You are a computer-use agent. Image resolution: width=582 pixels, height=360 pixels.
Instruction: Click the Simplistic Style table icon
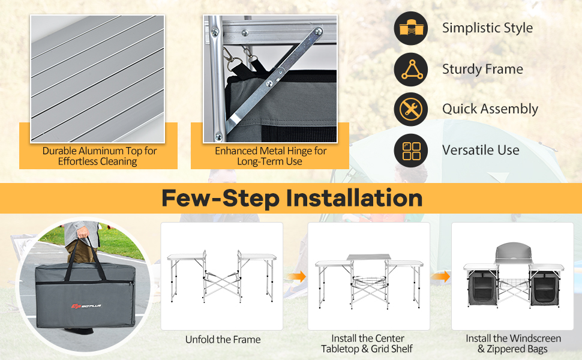pos(411,28)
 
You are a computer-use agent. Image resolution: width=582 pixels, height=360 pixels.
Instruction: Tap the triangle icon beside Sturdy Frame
pos(411,70)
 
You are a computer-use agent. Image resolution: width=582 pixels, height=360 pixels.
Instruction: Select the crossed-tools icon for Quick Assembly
pos(411,109)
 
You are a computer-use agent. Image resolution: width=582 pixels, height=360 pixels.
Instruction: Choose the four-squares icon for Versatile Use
pos(411,151)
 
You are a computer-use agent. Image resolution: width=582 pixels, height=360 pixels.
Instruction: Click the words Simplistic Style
pos(487,28)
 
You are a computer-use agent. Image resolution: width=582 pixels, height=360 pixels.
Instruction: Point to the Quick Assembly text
pos(490,109)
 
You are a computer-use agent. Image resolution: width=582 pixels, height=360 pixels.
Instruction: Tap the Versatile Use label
pos(481,150)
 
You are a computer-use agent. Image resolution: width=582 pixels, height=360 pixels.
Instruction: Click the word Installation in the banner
pos(354,198)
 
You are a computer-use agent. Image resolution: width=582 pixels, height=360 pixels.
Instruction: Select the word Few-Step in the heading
pos(220,199)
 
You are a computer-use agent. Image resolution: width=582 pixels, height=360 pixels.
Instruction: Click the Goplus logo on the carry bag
pos(86,306)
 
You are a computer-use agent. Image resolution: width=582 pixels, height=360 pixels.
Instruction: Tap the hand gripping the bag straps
pos(83,233)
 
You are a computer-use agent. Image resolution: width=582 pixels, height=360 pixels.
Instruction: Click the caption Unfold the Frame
pos(223,340)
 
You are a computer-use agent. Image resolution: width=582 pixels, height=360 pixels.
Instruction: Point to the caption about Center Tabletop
pos(367,344)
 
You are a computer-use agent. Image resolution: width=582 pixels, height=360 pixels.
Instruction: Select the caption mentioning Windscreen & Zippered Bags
pos(513,344)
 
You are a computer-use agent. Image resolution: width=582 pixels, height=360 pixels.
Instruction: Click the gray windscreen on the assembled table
pos(514,252)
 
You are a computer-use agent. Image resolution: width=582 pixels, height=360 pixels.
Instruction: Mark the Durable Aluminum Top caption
pos(99,156)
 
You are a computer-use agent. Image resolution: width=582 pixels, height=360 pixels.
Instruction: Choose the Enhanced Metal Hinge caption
pos(270,156)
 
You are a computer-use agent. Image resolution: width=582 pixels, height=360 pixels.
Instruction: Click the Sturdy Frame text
pos(482,69)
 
